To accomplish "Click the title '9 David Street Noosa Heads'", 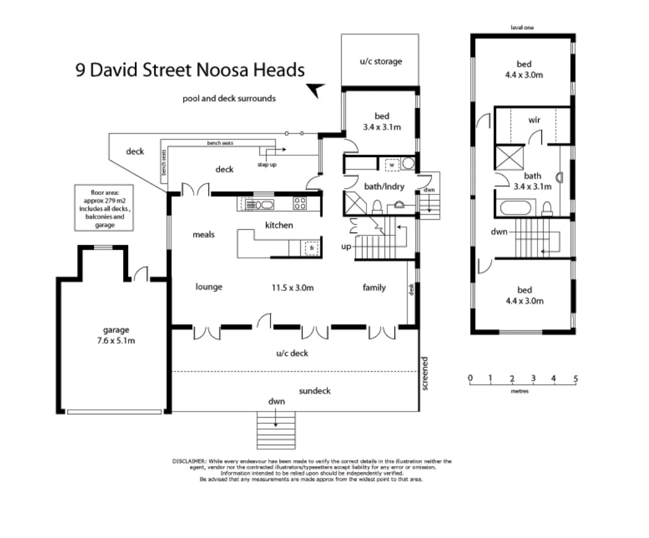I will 190,70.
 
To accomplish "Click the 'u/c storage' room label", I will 381,61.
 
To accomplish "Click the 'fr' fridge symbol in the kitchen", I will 311,248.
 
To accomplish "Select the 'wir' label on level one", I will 534,120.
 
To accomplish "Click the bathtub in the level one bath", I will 516,209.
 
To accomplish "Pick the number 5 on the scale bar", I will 575,378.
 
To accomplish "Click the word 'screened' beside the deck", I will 425,374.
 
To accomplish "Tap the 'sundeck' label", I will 314,391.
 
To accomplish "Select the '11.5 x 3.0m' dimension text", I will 292,288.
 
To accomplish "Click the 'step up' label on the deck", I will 267,165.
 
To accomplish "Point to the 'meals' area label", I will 203,235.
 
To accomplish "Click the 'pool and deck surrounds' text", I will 229,99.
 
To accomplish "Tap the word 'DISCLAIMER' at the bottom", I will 190,460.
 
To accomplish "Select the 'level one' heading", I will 523,27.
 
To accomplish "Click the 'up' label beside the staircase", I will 346,246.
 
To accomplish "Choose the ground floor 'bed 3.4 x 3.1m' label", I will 381,121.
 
